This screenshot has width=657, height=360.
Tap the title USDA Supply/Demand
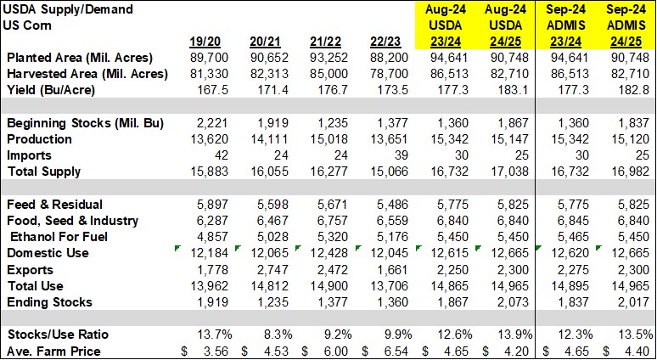[x=57, y=8]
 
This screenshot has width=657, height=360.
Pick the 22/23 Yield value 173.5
[x=394, y=90]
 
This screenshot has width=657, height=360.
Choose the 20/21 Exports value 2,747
[x=261, y=270]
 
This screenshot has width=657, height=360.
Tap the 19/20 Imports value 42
[x=211, y=155]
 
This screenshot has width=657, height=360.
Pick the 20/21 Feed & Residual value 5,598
[x=261, y=205]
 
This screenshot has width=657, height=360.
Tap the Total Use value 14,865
[x=458, y=286]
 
